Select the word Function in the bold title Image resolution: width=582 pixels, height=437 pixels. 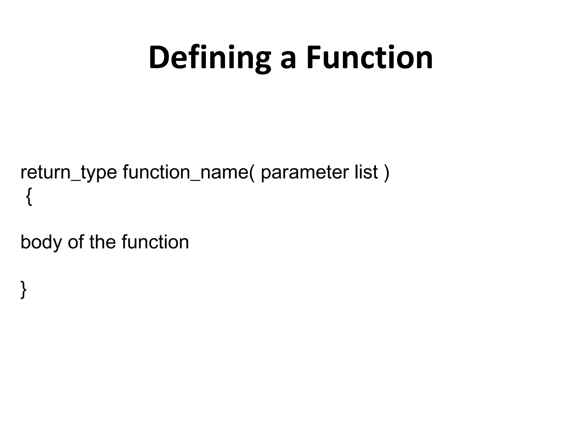click(369, 58)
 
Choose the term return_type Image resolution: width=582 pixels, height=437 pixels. click(68, 173)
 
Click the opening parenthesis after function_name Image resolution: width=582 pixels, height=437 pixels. click(252, 173)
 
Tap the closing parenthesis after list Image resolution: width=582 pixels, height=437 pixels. click(386, 173)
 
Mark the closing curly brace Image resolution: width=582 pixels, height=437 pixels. click(24, 289)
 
